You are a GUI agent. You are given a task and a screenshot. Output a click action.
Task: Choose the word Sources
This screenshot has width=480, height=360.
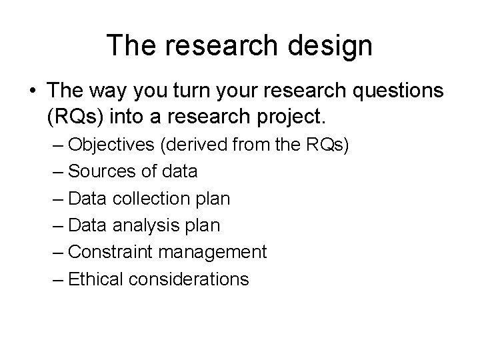point(103,172)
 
